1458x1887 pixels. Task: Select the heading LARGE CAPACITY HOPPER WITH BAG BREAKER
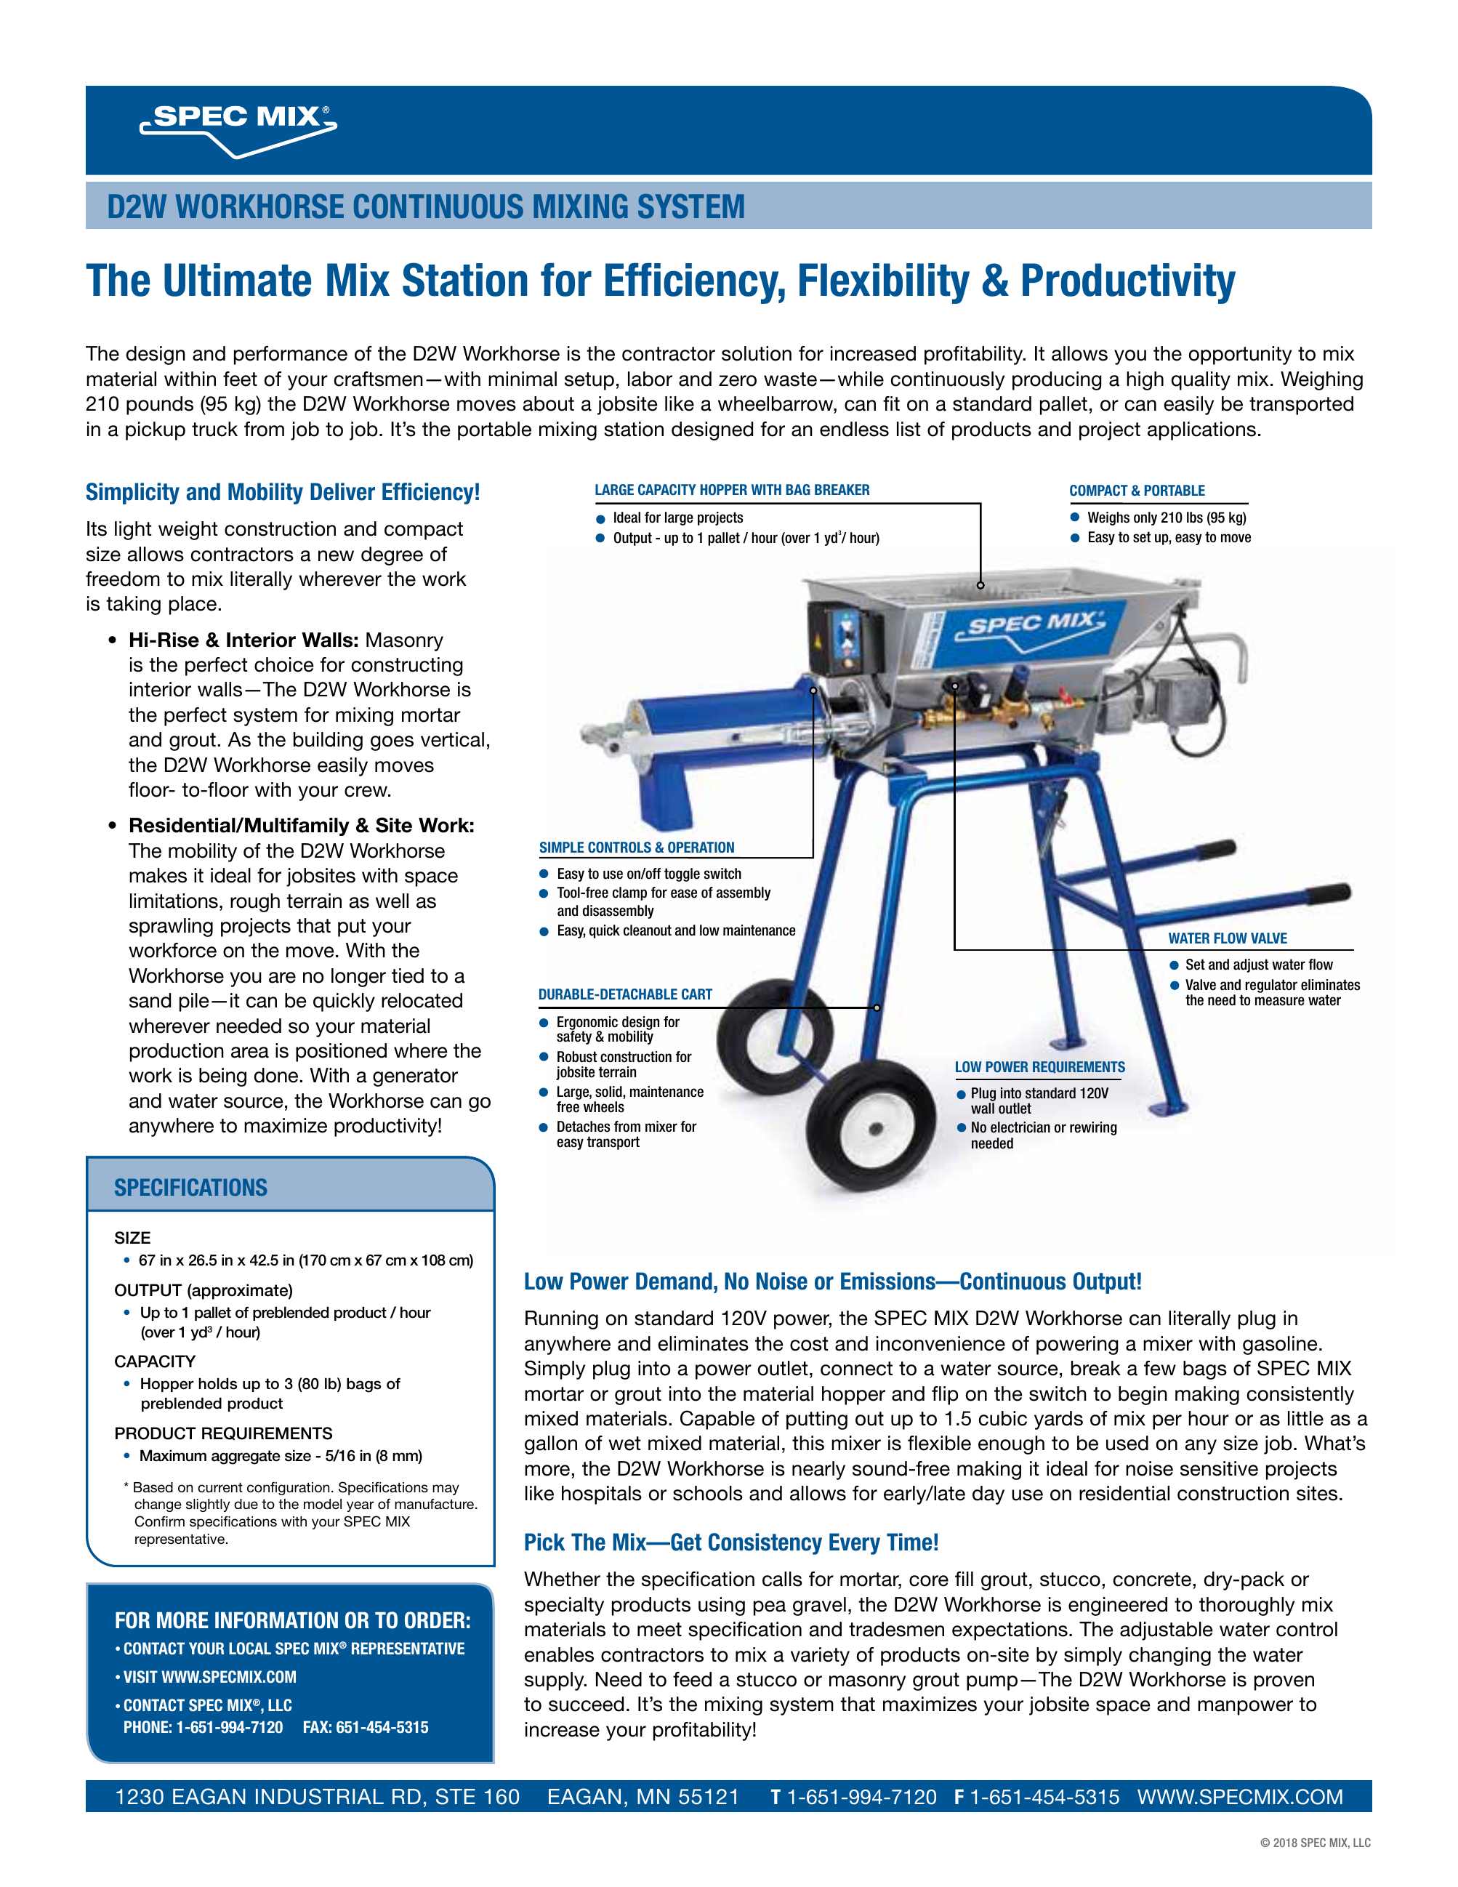pyautogui.click(x=732, y=490)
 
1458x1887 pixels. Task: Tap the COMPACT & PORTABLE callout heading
pyautogui.click(x=1136, y=491)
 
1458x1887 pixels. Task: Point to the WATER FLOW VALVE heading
pyautogui.click(x=1227, y=938)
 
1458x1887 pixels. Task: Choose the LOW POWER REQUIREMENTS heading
pyautogui.click(x=1039, y=1067)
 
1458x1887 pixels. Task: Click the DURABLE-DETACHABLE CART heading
pyautogui.click(x=624, y=994)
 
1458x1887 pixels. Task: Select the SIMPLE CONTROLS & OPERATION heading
pyautogui.click(x=636, y=848)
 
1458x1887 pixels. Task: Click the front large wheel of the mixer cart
pyautogui.click(x=874, y=1127)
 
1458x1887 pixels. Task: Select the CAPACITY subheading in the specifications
pyautogui.click(x=155, y=1361)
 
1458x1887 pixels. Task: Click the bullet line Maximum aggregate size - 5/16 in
pyautogui.click(x=280, y=1456)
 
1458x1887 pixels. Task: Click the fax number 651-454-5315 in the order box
pyautogui.click(x=365, y=1727)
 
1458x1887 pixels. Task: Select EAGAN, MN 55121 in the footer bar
pyautogui.click(x=643, y=1797)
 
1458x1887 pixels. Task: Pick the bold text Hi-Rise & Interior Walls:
pyautogui.click(x=243, y=640)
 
